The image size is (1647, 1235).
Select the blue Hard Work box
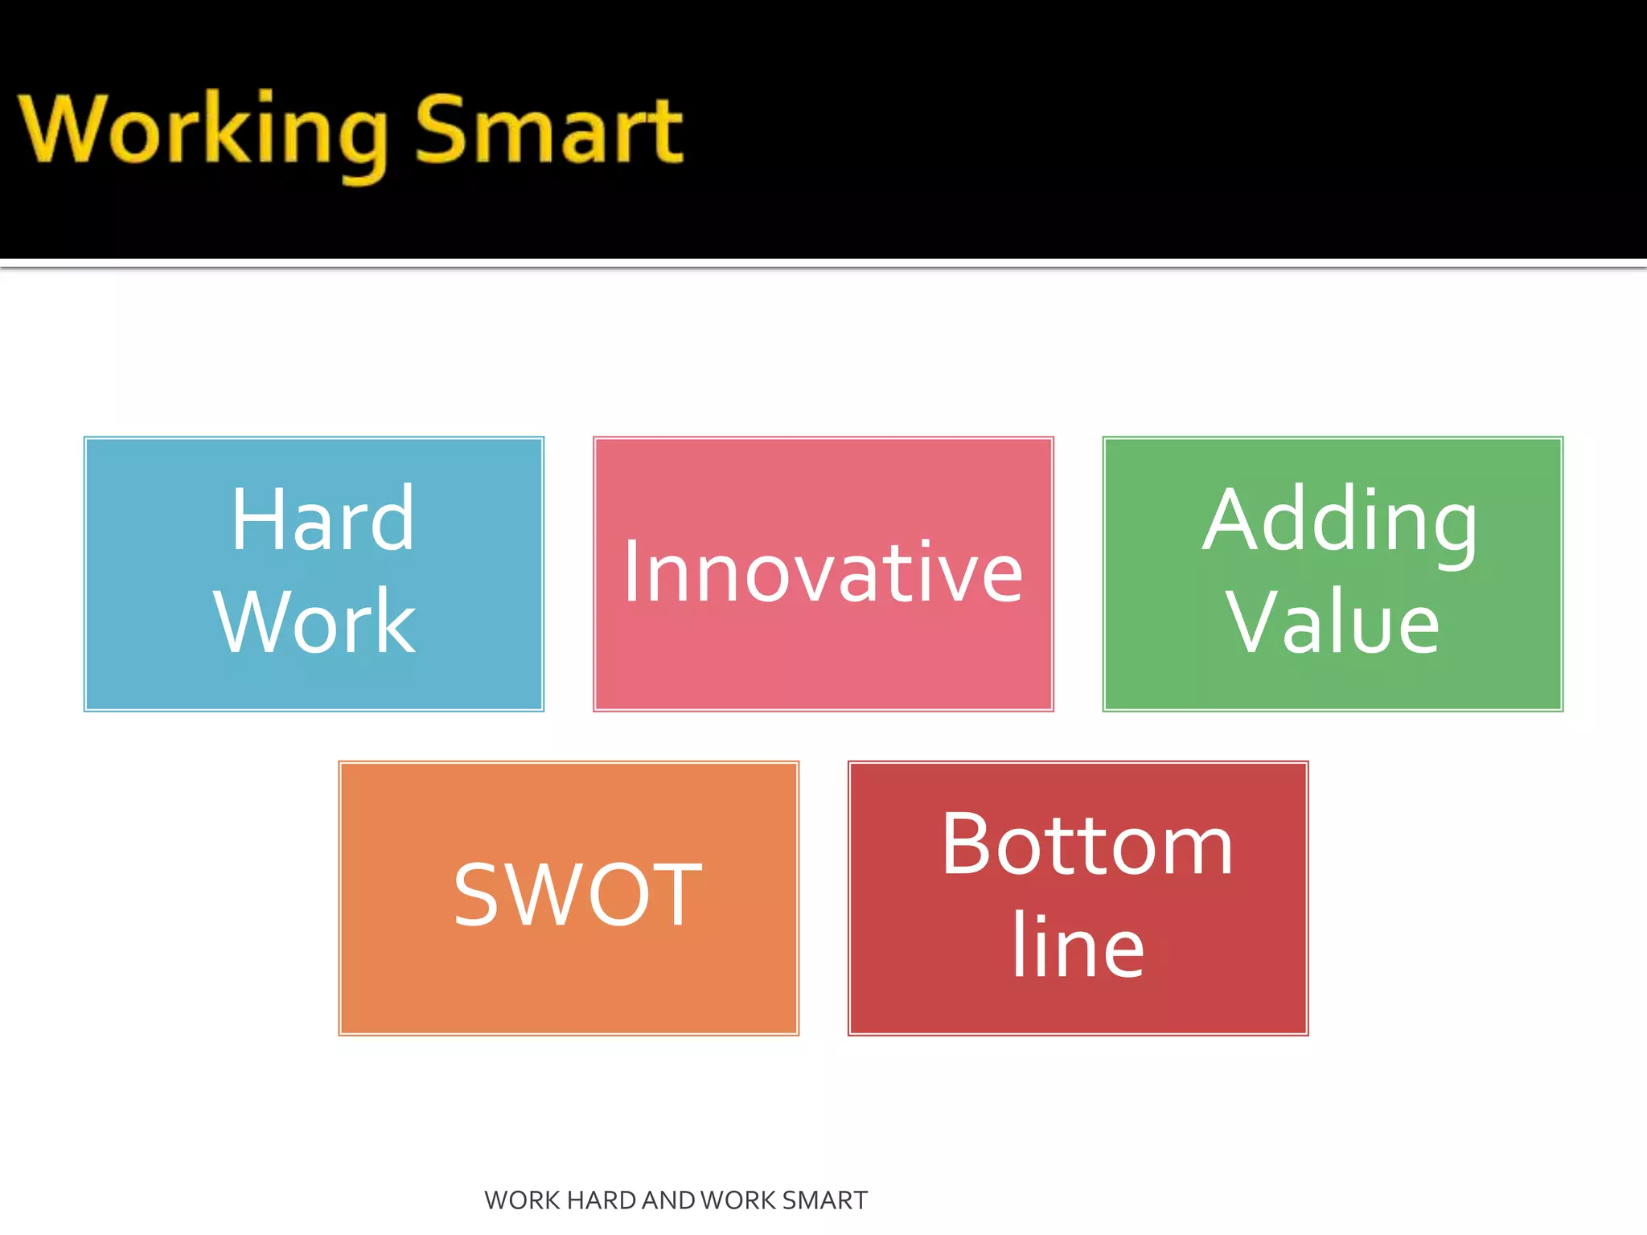314,683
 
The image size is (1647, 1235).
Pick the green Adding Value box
1333,683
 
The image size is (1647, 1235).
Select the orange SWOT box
569,989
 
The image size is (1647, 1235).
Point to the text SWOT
577,895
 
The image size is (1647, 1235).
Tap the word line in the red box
1078,946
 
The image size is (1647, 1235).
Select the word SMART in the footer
824,1200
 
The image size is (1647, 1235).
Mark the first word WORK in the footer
522,1200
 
